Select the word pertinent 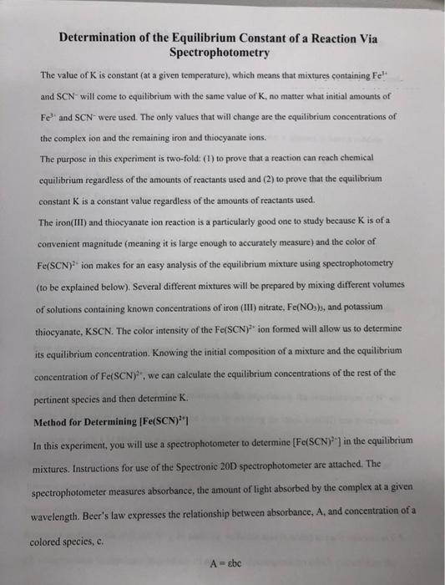click(x=58, y=394)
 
